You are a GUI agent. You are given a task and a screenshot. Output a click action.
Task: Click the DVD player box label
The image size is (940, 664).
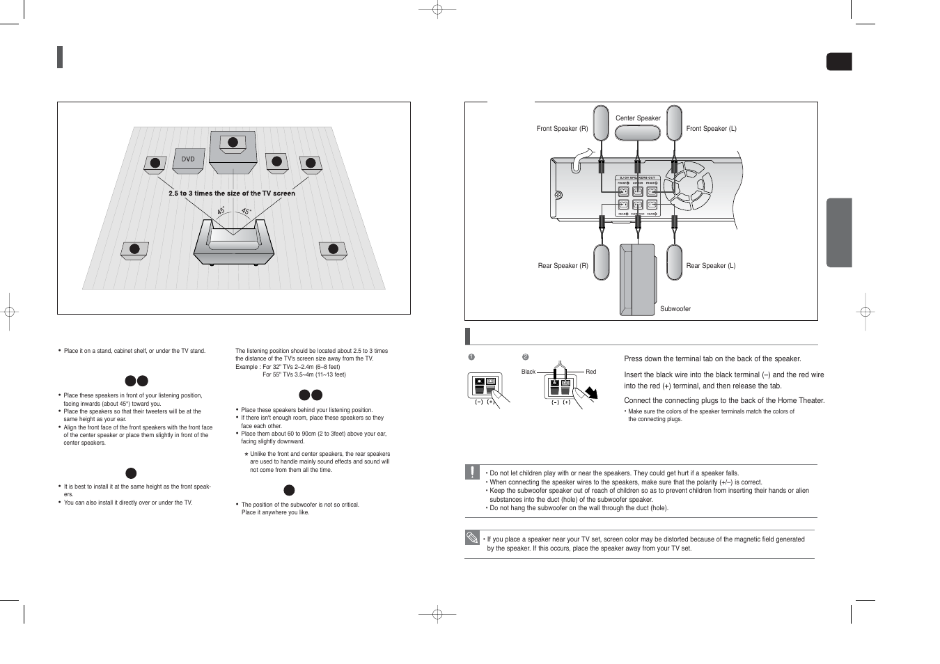pos(188,159)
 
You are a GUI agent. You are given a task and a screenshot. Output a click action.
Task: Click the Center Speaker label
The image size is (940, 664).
pos(637,118)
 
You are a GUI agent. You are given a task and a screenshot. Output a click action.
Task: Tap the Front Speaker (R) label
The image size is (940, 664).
pos(562,129)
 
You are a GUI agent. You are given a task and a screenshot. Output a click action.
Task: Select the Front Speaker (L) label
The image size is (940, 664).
pos(711,129)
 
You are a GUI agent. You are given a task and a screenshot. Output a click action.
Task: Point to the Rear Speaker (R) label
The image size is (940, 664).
pos(563,266)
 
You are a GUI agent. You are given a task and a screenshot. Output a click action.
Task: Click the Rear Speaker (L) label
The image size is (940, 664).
pos(710,266)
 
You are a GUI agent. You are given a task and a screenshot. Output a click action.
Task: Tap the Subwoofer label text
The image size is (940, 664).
pos(675,309)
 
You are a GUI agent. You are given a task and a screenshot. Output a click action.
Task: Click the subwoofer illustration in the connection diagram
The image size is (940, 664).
pos(636,279)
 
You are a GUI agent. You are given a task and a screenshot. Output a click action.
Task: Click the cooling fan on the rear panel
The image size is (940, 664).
pos(688,186)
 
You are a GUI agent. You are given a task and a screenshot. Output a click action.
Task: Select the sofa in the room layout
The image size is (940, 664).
pos(233,242)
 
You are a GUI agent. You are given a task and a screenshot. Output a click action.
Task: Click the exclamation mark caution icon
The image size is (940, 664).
pos(472,472)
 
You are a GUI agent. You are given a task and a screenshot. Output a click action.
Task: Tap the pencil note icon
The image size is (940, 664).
pos(472,537)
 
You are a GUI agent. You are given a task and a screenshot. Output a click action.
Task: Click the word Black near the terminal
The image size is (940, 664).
pos(528,372)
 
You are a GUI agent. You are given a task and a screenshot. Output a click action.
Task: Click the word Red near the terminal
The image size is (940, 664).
pos(590,372)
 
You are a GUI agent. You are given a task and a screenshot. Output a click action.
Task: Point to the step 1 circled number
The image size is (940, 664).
pos(471,357)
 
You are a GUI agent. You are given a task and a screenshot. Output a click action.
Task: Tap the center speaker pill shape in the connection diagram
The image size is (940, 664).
pos(637,132)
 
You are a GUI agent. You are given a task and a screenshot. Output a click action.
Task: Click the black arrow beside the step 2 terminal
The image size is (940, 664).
pos(591,393)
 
